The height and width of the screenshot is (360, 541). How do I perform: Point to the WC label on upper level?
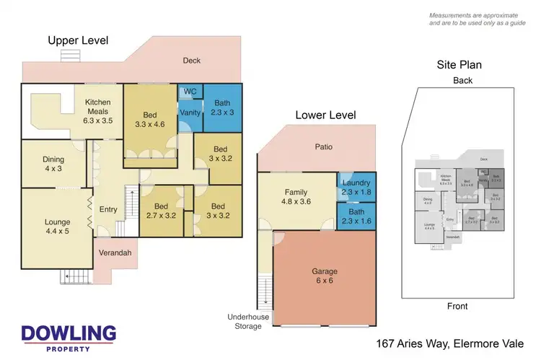[x=190, y=92]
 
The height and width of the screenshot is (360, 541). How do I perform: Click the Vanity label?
[x=190, y=113]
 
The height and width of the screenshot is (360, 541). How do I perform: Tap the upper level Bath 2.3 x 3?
[x=222, y=107]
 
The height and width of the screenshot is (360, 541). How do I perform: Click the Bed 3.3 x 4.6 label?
[x=149, y=120]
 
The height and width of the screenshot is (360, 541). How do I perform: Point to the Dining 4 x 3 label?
[x=53, y=164]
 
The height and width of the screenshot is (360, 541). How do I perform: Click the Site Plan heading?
[x=459, y=65]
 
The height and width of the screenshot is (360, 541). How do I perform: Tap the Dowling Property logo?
[x=69, y=337]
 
